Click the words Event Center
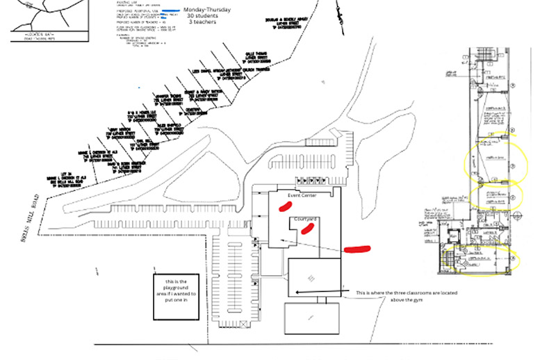click(298, 197)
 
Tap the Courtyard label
click(306, 220)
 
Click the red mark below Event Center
click(283, 206)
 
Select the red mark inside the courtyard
click(305, 230)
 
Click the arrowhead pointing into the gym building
click(298, 293)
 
